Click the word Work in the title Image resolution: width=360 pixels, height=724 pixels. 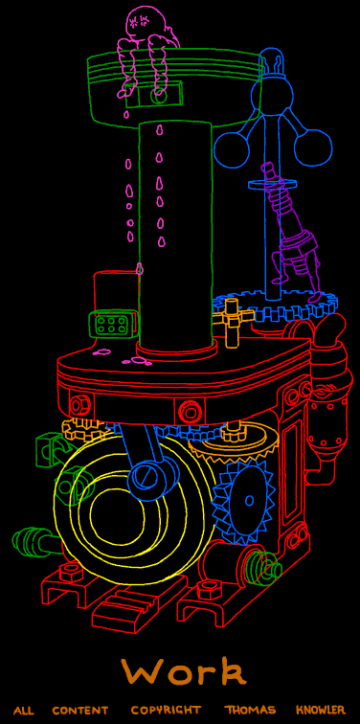[x=183, y=672]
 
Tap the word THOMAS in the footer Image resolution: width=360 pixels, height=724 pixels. [x=250, y=710]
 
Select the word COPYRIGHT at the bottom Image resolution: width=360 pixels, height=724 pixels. [x=167, y=710]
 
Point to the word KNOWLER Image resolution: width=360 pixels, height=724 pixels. [x=321, y=710]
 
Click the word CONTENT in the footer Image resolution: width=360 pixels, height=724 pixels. [x=80, y=710]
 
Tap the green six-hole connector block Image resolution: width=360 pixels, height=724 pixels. [x=112, y=323]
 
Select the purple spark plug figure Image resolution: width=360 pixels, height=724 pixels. [x=292, y=231]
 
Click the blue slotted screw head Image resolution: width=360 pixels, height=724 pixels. [x=145, y=478]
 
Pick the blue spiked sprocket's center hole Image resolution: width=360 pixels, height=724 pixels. [x=250, y=501]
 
